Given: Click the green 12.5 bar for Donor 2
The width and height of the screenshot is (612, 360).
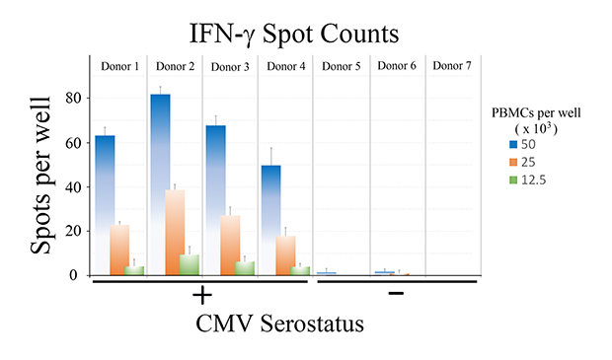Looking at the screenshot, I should (x=190, y=264).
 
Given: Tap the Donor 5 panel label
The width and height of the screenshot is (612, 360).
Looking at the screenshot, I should (x=342, y=66).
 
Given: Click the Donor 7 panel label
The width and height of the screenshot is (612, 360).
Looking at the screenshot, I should (x=452, y=66).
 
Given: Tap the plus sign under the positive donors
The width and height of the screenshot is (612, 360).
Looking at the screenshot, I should (x=202, y=297).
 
